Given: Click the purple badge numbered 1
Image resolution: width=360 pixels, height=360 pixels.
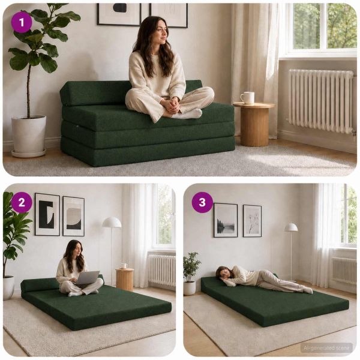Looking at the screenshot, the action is coord(22,23).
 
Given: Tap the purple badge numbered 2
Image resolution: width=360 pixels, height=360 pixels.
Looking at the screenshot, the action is coord(22,203).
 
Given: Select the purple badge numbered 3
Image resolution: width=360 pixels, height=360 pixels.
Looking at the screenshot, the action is coord(202,203).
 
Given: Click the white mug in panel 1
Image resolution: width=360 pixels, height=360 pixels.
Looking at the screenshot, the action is coord(247,98).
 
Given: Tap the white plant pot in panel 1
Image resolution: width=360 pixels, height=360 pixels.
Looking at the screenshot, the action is coord(29,136).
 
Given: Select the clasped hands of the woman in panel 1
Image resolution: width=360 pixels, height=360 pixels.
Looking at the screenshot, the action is coord(171,104).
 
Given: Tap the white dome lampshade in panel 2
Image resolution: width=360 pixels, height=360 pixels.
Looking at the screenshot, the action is coord(112,222).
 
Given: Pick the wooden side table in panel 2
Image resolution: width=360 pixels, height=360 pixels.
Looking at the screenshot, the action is coord(125,279).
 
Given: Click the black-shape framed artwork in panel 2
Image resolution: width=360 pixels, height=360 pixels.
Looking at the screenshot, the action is coord(47,214).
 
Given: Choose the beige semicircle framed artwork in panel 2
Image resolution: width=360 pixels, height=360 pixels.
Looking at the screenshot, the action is coord(73,216).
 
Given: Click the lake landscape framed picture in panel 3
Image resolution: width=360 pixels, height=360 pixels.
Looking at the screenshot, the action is coord(226,220).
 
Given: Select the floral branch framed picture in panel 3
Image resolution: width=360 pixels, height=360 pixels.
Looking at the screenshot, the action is coord(252,221).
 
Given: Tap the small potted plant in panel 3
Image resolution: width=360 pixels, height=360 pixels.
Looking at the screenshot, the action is coord(191,273).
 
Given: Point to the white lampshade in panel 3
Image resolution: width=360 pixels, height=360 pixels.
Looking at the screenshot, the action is coord(291,227).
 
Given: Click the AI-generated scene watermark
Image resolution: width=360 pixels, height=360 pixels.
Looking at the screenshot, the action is coord(326,348).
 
